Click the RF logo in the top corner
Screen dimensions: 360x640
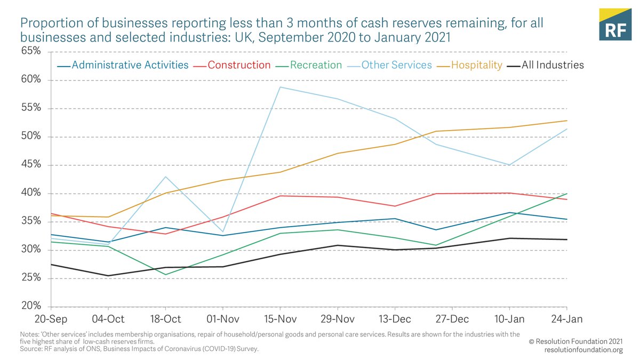coord(615,25)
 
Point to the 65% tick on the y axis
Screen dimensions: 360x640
coord(30,52)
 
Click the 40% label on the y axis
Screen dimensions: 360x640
coord(30,193)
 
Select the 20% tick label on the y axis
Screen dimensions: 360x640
coord(30,306)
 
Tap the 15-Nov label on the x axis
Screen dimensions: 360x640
coord(280,319)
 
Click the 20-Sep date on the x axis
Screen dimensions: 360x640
coord(51,319)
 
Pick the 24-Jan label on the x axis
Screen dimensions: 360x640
coord(566,319)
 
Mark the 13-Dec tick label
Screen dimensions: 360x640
coord(395,319)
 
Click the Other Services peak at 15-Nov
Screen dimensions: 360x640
coord(280,87)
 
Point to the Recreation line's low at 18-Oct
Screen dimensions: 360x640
coord(165,275)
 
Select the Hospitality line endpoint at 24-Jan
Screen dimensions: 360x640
coord(566,121)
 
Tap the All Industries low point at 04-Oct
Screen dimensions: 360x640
coord(108,276)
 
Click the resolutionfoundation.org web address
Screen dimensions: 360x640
coord(583,350)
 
